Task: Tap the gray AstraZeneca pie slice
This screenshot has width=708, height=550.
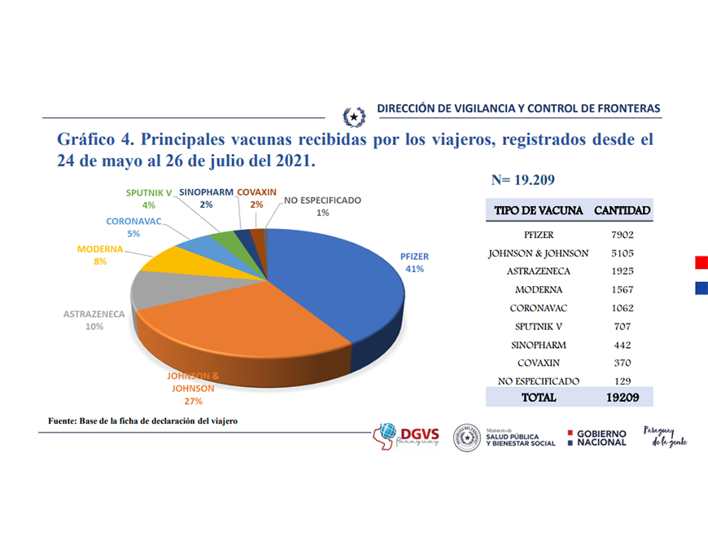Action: coord(163,289)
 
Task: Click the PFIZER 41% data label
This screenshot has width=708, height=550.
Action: coord(414,262)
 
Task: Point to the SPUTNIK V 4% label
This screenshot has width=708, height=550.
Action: coord(147,199)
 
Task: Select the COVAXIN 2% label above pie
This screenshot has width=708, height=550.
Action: coord(256,198)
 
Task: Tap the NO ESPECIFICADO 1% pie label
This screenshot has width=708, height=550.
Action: coord(322,206)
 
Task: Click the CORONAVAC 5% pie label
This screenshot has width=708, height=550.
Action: coord(133,227)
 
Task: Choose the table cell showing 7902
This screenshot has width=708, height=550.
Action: coord(622,234)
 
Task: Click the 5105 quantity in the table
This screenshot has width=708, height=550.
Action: coord(622,253)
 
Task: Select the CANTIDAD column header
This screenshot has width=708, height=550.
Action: coord(622,210)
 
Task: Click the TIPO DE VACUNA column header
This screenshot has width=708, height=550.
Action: coord(538,210)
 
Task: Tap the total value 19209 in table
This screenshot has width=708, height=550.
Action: coord(622,398)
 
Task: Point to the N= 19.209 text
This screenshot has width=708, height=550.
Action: coord(523,179)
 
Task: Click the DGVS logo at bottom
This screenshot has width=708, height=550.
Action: coord(406,436)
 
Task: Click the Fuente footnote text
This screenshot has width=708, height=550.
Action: coord(142,420)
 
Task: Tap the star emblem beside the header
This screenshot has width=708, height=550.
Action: coord(354,117)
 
